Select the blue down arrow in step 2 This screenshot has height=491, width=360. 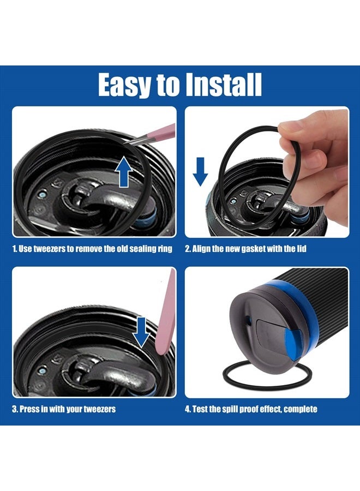click(x=201, y=170)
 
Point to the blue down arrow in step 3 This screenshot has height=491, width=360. click(x=143, y=332)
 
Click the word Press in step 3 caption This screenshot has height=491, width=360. click(x=32, y=409)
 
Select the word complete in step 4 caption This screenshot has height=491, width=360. click(x=301, y=409)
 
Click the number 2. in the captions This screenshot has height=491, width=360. click(x=188, y=249)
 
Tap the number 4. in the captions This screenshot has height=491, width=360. click(x=188, y=409)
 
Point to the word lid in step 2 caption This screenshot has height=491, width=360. click(x=302, y=249)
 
